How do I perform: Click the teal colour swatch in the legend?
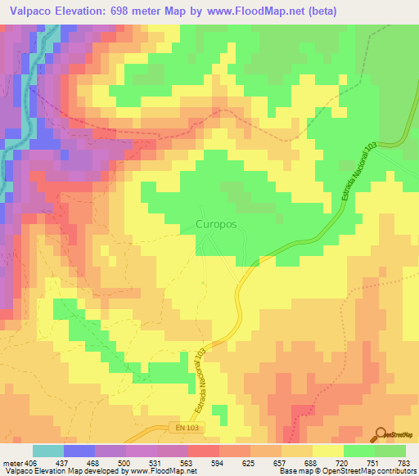48,451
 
